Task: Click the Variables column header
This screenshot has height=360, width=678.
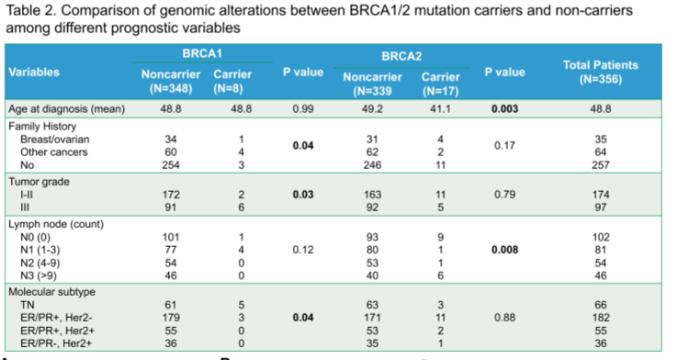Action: point(34,72)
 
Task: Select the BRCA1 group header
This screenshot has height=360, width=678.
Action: point(202,53)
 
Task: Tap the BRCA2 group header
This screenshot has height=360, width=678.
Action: point(401,56)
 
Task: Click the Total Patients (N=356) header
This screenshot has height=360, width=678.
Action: point(600,73)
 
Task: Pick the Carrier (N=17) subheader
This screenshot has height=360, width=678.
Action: point(440,84)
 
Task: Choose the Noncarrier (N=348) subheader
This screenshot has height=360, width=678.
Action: point(171,81)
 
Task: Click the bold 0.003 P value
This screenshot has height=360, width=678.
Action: point(504,109)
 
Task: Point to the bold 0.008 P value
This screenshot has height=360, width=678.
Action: point(504,250)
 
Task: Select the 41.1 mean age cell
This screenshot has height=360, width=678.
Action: point(440,109)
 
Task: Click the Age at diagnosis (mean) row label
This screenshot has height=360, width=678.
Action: point(66,109)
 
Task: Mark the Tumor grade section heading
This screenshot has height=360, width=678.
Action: point(39,182)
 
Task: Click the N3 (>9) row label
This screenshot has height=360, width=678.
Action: point(39,276)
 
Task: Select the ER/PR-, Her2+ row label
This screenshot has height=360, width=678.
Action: point(56,343)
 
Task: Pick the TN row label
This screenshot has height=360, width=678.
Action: point(28,305)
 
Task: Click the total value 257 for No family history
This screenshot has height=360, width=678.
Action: point(601,165)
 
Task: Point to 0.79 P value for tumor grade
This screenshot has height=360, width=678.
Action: point(504,195)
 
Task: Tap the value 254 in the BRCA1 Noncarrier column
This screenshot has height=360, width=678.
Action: point(171,165)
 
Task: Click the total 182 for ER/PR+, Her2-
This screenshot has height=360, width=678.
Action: point(601,318)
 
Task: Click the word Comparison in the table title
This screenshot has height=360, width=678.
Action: point(96,10)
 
